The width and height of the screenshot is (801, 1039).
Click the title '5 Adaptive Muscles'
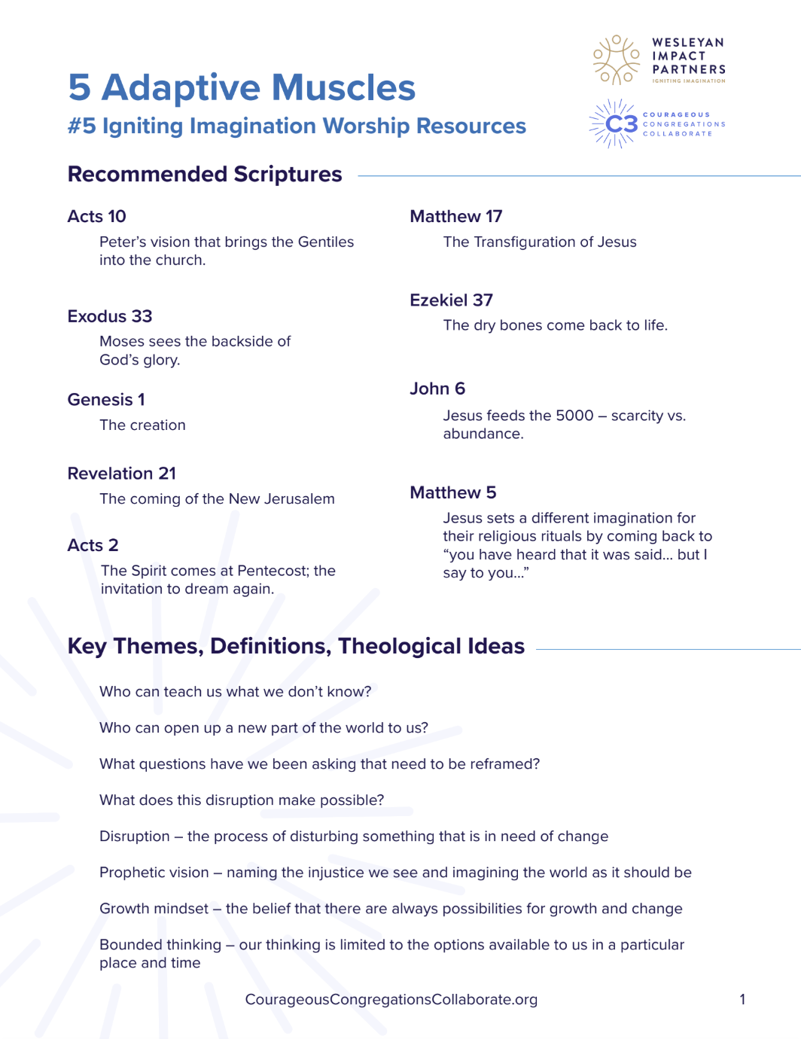point(242,87)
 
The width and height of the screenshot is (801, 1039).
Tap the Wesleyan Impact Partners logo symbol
point(617,59)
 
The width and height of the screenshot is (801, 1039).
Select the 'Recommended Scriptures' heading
point(205,175)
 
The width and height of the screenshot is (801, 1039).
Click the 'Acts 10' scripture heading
point(96,217)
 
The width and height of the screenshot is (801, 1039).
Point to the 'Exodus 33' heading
point(110,316)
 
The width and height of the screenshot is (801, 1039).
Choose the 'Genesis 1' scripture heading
point(106,400)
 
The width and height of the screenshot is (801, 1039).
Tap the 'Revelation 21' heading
point(122,474)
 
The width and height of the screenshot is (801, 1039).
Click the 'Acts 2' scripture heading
point(93,545)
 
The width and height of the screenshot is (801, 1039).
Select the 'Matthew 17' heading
point(455,217)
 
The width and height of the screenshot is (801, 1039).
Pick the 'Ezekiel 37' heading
point(451,300)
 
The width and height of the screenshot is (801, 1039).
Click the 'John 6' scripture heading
point(437,388)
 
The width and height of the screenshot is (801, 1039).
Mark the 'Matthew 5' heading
point(452,492)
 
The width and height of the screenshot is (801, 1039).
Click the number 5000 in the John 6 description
point(574,416)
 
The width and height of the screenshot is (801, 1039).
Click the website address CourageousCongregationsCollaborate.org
point(391,999)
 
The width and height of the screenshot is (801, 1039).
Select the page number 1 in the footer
point(742,999)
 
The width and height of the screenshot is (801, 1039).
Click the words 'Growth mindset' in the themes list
point(154,909)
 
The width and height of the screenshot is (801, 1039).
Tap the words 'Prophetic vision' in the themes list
point(154,873)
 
